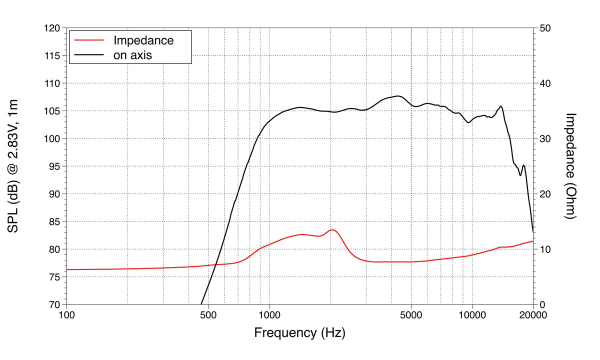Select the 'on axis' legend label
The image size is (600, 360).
tap(132, 55)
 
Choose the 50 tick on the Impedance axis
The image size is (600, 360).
tap(545, 28)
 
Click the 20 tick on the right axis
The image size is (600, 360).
tap(545, 194)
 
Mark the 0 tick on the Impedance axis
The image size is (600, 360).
tap(542, 304)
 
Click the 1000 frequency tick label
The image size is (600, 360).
tap(269, 315)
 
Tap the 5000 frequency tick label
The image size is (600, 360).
tap(411, 315)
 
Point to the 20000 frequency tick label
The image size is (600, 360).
tap(533, 315)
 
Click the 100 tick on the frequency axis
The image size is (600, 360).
tap(66, 315)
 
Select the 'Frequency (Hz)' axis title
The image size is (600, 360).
tap(299, 332)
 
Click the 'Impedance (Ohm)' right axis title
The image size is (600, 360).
tap(571, 166)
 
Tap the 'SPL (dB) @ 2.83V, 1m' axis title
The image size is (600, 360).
tap(13, 166)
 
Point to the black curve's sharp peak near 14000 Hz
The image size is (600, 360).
tap(501, 106)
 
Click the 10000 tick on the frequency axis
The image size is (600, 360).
tap(472, 315)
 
